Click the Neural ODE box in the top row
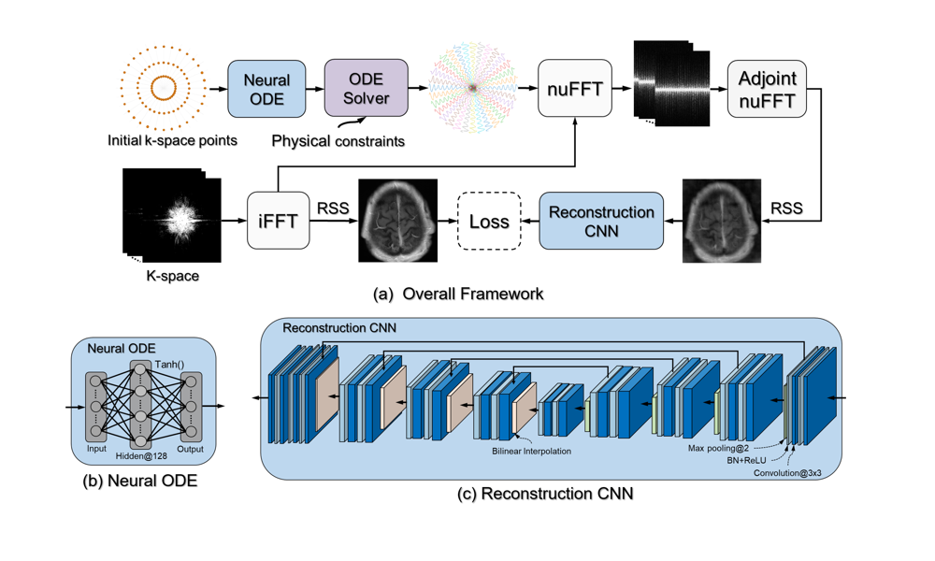pyautogui.click(x=267, y=89)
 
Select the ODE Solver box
pyautogui.click(x=366, y=89)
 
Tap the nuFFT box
pyautogui.click(x=574, y=89)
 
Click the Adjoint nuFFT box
pyautogui.click(x=767, y=89)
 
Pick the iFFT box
pyautogui.click(x=278, y=221)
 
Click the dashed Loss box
pyautogui.click(x=489, y=222)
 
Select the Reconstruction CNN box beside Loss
pyautogui.click(x=600, y=222)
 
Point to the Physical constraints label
pyautogui.click(x=338, y=141)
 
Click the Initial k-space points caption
pyautogui.click(x=171, y=141)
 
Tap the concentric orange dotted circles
pyautogui.click(x=162, y=89)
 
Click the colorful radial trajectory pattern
pyautogui.click(x=473, y=89)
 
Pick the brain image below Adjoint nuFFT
pyautogui.click(x=721, y=221)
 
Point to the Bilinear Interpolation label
pyautogui.click(x=531, y=451)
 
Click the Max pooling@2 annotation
pyautogui.click(x=720, y=447)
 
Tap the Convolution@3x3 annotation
pyautogui.click(x=787, y=473)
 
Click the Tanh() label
pyautogui.click(x=168, y=365)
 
